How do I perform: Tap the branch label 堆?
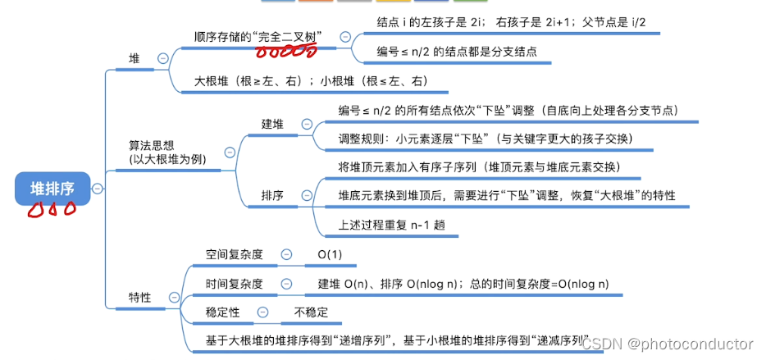coord(135,59)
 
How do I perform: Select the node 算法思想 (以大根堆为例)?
coord(167,152)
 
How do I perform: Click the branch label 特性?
coord(139,298)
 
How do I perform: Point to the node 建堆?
coord(272,124)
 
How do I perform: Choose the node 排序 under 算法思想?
coord(272,196)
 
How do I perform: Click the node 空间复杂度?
coord(235,254)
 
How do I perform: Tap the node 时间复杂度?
coord(235,284)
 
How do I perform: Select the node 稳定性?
coord(223,312)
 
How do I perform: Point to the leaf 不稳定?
coord(311,312)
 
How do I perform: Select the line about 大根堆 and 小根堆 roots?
coord(311,81)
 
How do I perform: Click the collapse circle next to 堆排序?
coord(98,189)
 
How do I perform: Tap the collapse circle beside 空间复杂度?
coord(286,254)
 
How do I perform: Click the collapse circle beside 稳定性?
coord(262,312)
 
